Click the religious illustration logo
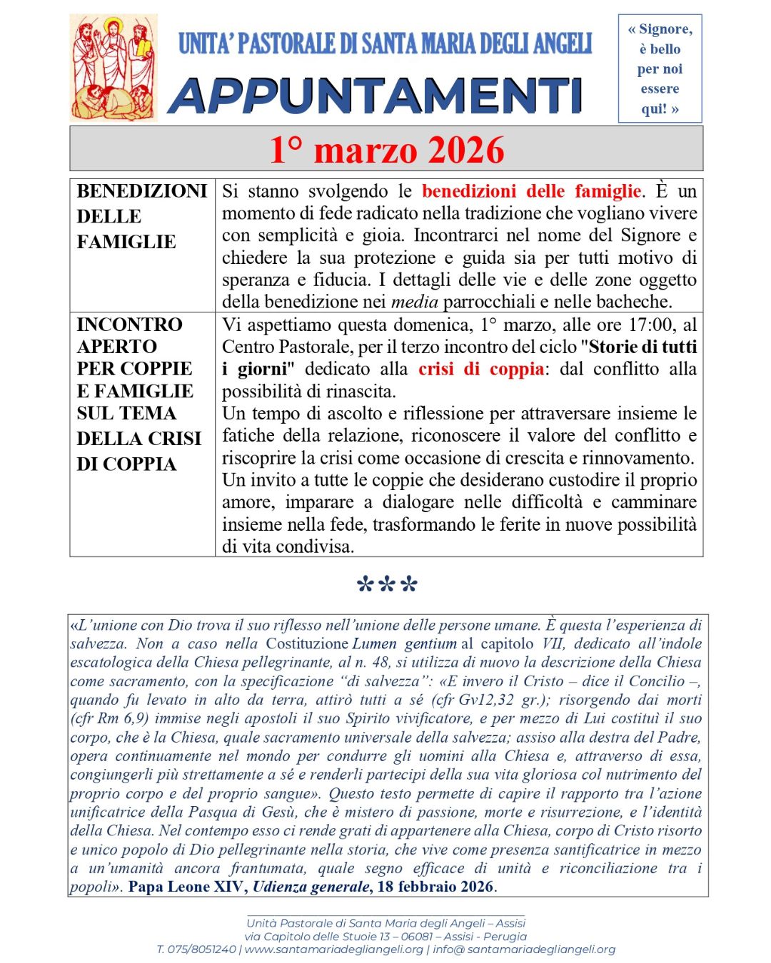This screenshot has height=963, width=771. click(x=114, y=68)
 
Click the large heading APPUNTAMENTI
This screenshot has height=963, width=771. click(x=376, y=96)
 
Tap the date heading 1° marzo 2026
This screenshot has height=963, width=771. click(x=386, y=150)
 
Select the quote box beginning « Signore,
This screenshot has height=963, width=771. click(x=660, y=68)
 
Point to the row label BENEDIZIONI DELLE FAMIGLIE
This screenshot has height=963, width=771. click(x=141, y=216)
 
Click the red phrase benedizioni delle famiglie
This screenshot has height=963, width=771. click(x=531, y=191)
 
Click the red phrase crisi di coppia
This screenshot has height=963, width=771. click(x=480, y=370)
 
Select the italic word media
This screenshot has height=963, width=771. click(x=414, y=302)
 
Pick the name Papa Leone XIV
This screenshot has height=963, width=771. click(x=187, y=887)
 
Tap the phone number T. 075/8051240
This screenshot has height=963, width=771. click(x=196, y=949)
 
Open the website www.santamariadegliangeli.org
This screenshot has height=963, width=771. click(x=333, y=949)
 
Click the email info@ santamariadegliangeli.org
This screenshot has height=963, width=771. click(x=524, y=949)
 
